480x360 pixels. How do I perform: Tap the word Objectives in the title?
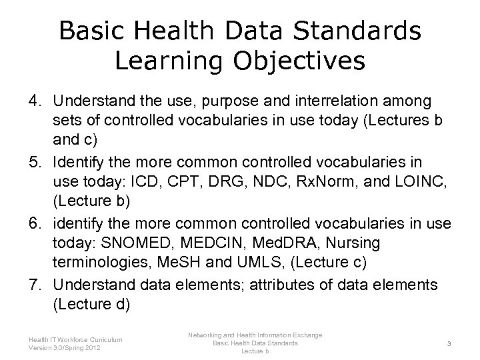pyautogui.click(x=302, y=61)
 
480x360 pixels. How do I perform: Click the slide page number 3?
pyautogui.click(x=450, y=343)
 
